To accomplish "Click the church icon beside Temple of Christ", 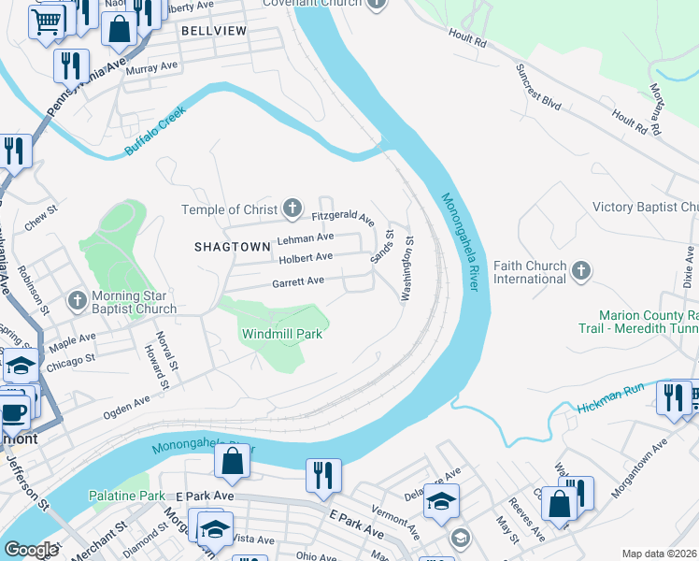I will (x=292, y=209).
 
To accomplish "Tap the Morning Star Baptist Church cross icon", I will (x=78, y=300).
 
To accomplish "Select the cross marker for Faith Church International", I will (x=581, y=271).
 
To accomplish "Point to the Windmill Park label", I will (x=282, y=333).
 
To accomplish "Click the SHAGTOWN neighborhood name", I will (x=224, y=247).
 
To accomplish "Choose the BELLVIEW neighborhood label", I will (x=214, y=31).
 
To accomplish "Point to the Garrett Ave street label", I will (x=298, y=281).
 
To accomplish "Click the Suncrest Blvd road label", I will (x=539, y=89).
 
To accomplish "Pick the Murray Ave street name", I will (x=151, y=67).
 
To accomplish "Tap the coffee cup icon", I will (x=14, y=411).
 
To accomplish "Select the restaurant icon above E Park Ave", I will (x=323, y=473).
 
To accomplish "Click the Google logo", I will (x=31, y=550).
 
